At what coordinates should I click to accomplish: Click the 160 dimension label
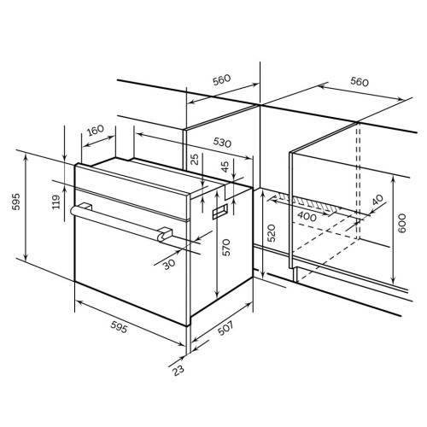click(96, 131)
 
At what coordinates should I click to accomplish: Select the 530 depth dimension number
click(222, 143)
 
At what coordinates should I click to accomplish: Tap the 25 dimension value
click(195, 160)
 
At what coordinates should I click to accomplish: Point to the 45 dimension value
click(225, 167)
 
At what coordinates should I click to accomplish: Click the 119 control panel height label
click(56, 202)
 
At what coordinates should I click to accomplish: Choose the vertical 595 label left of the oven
click(16, 202)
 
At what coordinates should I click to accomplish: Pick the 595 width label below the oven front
click(119, 327)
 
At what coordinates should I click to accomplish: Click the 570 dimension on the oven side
click(225, 248)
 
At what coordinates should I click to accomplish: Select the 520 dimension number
click(272, 233)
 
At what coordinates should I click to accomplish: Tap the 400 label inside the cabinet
click(307, 217)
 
